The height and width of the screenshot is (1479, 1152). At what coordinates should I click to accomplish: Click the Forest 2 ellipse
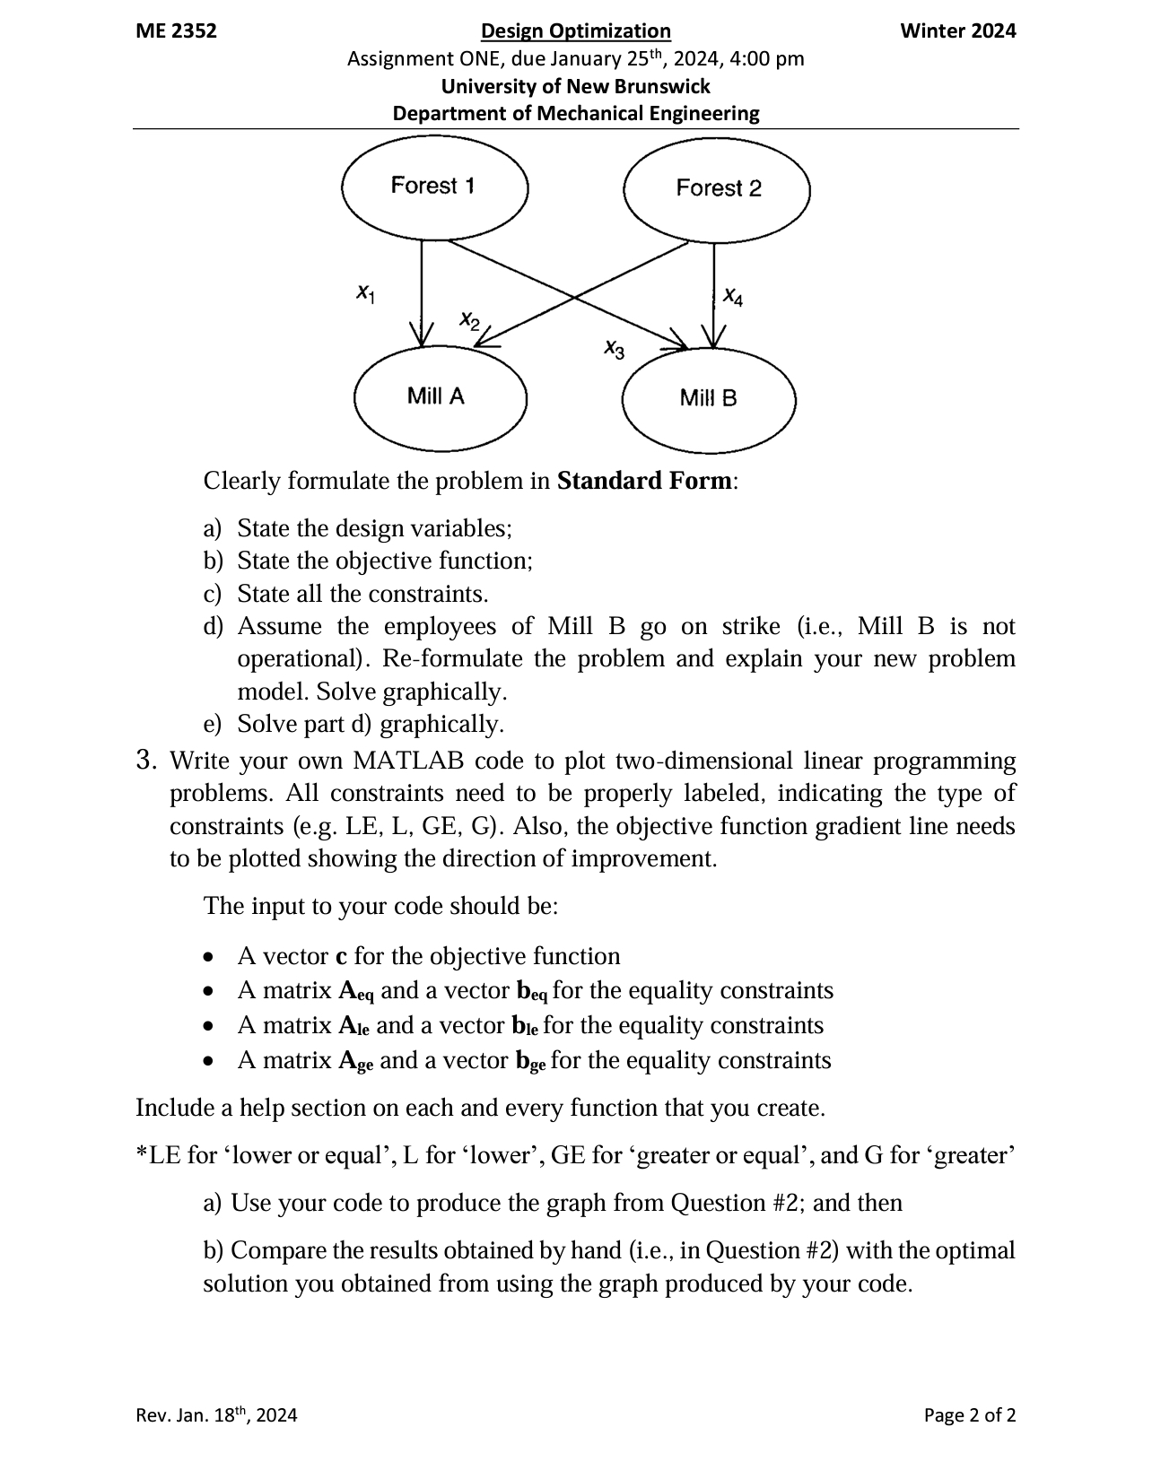[717, 189]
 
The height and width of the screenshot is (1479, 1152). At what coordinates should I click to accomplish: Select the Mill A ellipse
[440, 396]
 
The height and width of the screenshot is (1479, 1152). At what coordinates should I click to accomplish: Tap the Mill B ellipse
[709, 399]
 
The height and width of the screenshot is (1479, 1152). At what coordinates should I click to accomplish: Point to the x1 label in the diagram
[365, 293]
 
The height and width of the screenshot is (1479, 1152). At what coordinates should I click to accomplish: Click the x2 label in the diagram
[469, 319]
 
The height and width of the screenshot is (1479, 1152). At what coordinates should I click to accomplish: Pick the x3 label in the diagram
[614, 348]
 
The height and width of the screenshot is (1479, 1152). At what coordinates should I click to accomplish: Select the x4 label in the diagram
[733, 296]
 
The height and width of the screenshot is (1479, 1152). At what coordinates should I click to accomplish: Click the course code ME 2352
[176, 31]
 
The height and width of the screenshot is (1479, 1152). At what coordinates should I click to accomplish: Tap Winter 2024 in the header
[957, 31]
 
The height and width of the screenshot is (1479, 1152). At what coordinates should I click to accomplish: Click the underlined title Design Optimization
[575, 31]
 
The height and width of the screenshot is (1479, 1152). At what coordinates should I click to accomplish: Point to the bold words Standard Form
[644, 481]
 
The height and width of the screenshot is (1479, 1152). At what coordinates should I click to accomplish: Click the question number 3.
[146, 761]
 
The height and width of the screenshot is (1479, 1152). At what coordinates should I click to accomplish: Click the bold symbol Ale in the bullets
[354, 1026]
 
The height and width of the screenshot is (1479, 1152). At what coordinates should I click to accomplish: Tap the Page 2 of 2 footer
[970, 1415]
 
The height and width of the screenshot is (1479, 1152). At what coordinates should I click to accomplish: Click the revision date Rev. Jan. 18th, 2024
[216, 1415]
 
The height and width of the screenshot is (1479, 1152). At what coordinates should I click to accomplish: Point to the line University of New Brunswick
[575, 87]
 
